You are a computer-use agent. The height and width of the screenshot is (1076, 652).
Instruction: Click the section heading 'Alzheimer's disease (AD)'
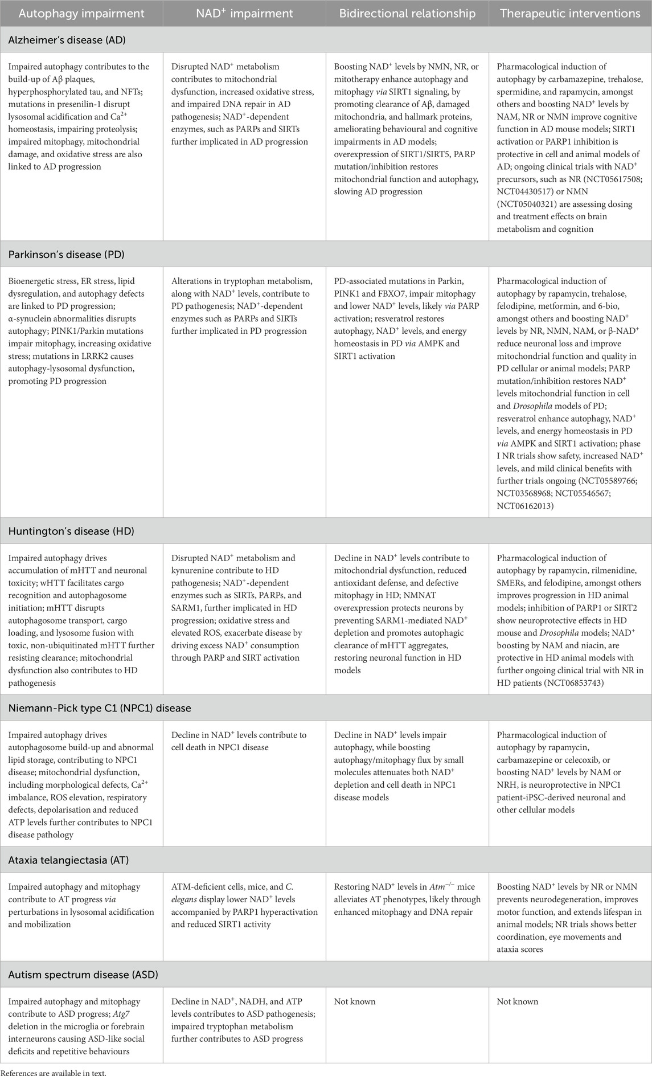click(67, 40)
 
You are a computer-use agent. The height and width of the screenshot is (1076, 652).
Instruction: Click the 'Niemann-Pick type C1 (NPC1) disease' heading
click(100, 708)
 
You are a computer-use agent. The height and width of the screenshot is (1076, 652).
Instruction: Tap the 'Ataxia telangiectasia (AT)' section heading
click(68, 860)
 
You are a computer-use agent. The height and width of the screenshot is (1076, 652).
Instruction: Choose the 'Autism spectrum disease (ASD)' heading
click(83, 975)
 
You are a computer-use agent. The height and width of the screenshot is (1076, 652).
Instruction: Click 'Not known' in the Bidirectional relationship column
click(355, 1001)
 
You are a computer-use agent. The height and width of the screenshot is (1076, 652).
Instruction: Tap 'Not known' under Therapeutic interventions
click(518, 1001)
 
